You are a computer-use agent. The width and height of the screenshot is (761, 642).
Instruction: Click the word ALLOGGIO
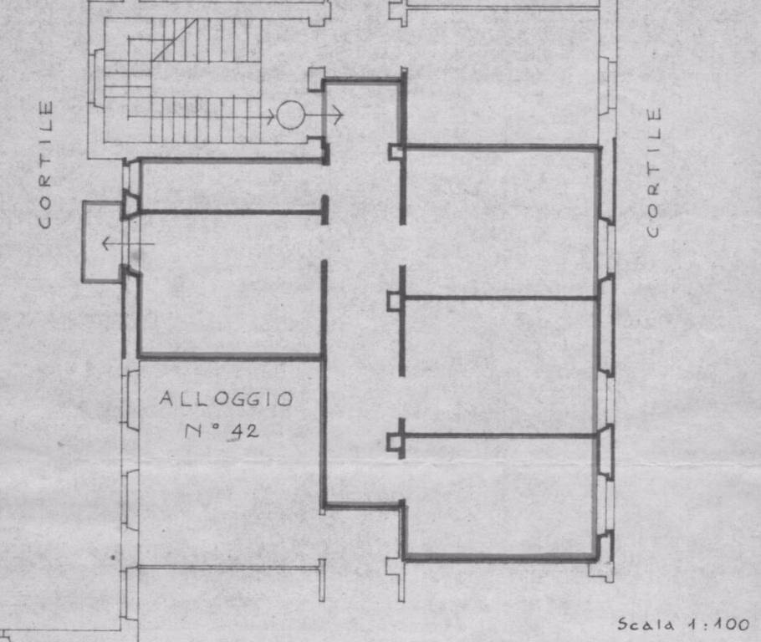pyautogui.click(x=226, y=399)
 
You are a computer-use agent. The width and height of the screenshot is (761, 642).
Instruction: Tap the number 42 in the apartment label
pyautogui.click(x=244, y=431)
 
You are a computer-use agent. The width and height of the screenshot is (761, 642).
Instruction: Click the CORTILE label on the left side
pyautogui.click(x=45, y=164)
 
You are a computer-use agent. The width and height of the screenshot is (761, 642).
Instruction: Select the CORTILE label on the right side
pyautogui.click(x=654, y=171)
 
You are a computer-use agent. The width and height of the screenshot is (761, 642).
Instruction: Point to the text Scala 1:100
pyautogui.click(x=683, y=624)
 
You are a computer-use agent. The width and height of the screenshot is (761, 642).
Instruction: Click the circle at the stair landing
pyautogui.click(x=290, y=115)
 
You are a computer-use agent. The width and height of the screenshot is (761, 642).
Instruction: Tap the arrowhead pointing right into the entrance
pyautogui.click(x=339, y=115)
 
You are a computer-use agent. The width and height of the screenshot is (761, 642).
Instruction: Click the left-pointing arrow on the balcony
pyautogui.click(x=128, y=243)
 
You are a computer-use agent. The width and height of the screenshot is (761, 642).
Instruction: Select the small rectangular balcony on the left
pyautogui.click(x=102, y=242)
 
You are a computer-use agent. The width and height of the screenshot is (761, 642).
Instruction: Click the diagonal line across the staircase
pyautogui.click(x=175, y=40)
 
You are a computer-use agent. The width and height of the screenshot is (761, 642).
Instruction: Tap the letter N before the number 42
pyautogui.click(x=194, y=431)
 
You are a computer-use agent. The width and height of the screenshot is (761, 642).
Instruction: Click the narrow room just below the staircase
pyautogui.click(x=232, y=186)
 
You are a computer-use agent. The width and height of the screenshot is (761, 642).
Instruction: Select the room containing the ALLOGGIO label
pyautogui.click(x=228, y=461)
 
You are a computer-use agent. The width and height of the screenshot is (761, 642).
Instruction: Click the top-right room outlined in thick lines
pyautogui.click(x=500, y=221)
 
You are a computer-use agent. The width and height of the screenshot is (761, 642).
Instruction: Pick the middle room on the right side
pyautogui.click(x=500, y=366)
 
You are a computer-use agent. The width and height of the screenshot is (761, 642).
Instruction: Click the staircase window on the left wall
pyautogui.click(x=96, y=77)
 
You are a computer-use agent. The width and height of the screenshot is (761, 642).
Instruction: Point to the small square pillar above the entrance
pyautogui.click(x=316, y=79)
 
